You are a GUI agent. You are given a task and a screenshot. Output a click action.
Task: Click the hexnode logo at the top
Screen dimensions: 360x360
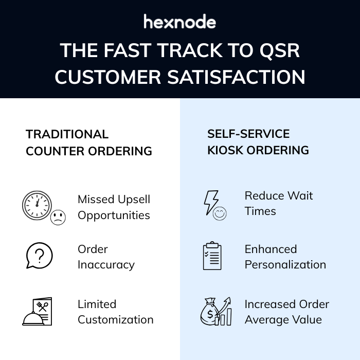click(179, 22)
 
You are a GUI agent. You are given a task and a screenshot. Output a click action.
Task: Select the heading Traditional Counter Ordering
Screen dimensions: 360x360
click(88, 142)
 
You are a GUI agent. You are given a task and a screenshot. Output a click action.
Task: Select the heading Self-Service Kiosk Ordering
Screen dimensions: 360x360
click(258, 142)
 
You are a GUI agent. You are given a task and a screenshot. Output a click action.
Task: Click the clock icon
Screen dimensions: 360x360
click(37, 205)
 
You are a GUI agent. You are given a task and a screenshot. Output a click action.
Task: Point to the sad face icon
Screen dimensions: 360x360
click(58, 217)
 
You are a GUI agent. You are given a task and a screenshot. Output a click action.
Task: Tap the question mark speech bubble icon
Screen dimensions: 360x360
click(39, 256)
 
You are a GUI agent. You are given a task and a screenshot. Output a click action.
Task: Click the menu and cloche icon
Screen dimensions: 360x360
click(38, 312)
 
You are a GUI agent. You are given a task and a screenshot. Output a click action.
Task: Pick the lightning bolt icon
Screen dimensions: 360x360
click(211, 202)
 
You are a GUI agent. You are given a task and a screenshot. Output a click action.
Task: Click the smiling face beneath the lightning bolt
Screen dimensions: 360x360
click(220, 213)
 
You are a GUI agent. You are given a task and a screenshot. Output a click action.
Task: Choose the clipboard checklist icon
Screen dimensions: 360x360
click(212, 256)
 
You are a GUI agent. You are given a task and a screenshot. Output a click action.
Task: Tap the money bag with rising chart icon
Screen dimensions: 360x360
click(215, 312)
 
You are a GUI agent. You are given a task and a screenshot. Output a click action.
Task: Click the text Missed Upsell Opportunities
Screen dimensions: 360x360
click(114, 207)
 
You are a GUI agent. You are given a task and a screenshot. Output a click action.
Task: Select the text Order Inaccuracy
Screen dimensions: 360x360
click(106, 257)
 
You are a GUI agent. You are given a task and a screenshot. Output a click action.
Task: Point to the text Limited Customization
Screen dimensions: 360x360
click(115, 312)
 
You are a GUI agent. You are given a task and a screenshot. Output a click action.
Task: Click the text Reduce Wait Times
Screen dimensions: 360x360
click(278, 203)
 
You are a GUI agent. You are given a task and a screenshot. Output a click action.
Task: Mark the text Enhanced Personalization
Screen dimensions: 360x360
click(285, 257)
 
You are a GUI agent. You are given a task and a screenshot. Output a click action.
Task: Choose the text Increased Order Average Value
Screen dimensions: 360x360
click(286, 312)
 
